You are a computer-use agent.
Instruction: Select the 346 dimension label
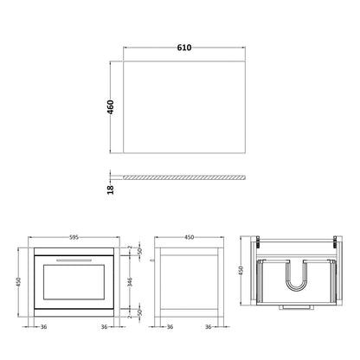pos(129,281)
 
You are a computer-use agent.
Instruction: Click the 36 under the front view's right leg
pos(105,327)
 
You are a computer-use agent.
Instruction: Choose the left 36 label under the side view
pos(169,327)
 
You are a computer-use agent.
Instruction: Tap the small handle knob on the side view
pos(151,259)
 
